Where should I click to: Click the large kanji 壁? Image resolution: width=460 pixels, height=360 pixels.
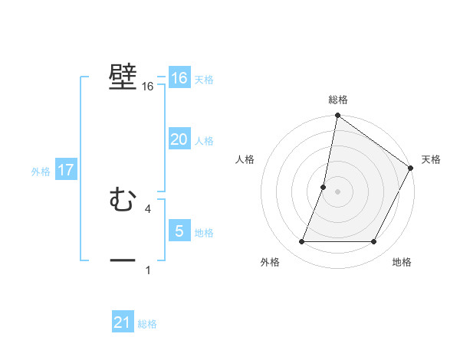(x=123, y=77)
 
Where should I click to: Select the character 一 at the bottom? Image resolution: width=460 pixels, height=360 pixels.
(x=123, y=260)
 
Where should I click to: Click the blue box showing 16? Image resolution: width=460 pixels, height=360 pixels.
(x=179, y=78)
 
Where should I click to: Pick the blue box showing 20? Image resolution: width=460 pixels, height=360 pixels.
(x=179, y=139)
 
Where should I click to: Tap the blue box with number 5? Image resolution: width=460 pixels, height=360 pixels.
(x=179, y=231)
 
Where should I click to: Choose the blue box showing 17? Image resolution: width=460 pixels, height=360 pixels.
(x=66, y=170)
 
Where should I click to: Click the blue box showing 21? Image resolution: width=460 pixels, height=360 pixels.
(x=123, y=322)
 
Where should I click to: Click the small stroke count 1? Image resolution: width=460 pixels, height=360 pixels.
(x=147, y=270)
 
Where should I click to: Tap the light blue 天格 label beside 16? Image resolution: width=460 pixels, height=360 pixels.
(x=204, y=80)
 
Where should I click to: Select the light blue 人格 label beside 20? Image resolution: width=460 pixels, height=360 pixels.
(x=204, y=141)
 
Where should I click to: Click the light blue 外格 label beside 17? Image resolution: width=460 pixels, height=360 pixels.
(x=41, y=172)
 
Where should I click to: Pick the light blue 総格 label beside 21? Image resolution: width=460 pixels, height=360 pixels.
(x=147, y=324)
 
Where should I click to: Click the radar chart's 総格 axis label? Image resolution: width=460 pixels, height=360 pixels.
(x=338, y=100)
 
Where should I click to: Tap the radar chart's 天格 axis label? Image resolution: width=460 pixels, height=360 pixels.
(x=431, y=159)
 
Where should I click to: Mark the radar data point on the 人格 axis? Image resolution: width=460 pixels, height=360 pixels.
(x=324, y=187)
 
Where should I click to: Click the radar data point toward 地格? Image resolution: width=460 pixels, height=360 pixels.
(x=374, y=242)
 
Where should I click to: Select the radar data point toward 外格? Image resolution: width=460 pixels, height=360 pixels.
(x=301, y=242)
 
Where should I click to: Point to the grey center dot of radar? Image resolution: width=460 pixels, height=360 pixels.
(x=338, y=191)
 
